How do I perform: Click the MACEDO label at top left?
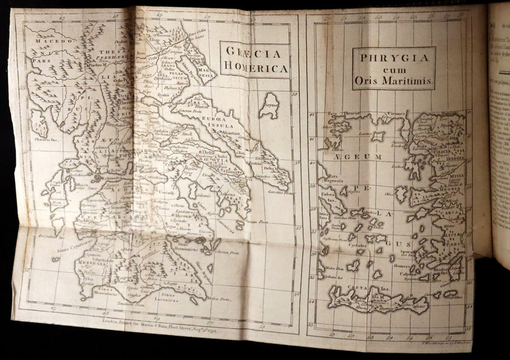[x=41, y=38]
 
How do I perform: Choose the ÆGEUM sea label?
[x=346, y=155]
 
